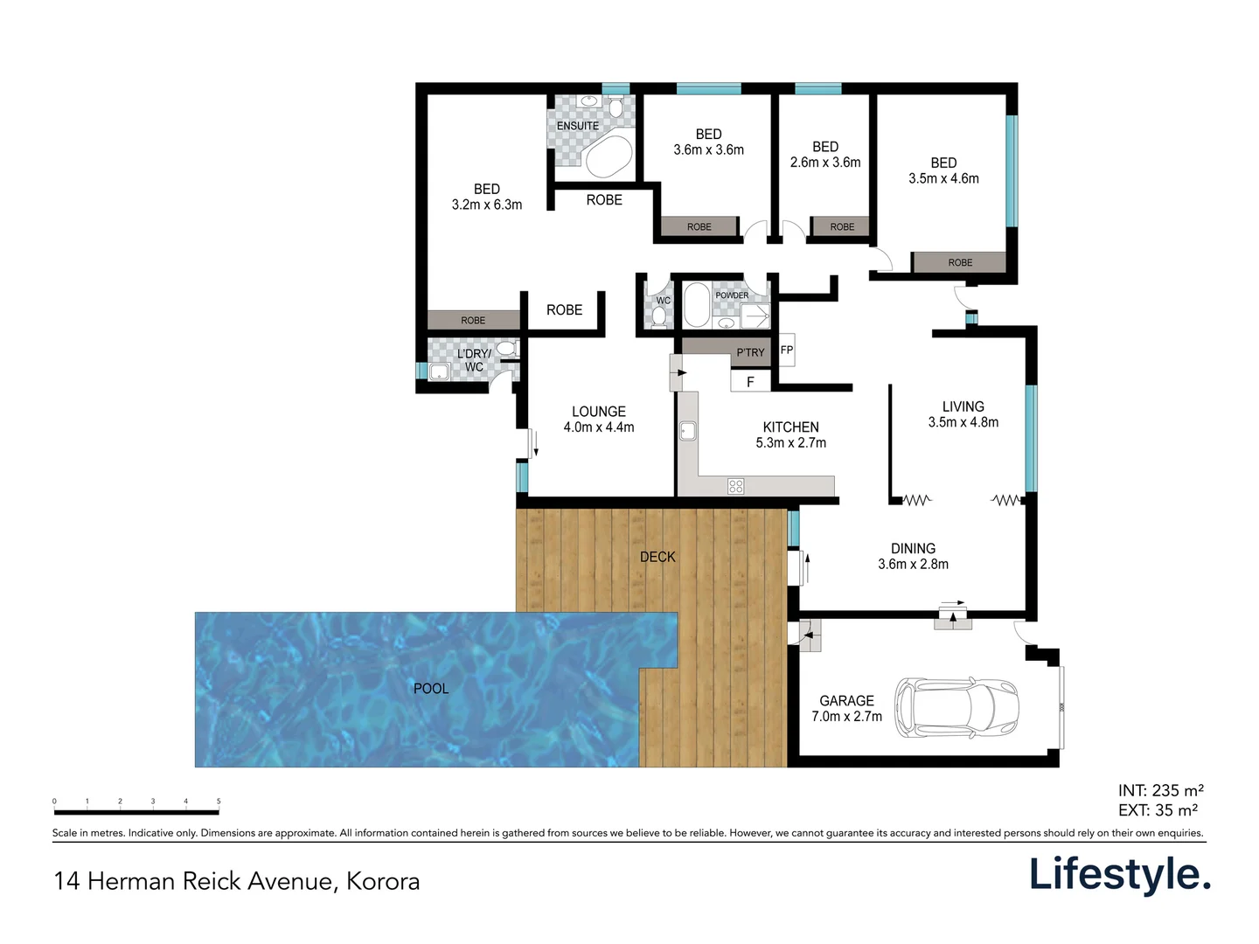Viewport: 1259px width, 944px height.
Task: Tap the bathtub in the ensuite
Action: (608, 156)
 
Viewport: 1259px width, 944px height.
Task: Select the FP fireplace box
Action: (786, 351)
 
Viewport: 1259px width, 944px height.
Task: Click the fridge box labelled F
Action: (750, 382)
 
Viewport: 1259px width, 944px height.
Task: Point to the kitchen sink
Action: (688, 431)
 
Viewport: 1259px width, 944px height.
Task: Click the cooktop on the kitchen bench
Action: (736, 486)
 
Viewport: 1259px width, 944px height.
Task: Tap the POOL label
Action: (430, 689)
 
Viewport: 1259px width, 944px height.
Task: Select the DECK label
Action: (657, 557)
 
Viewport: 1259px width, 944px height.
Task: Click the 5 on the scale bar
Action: (219, 801)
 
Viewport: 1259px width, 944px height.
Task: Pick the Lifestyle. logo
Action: (1119, 875)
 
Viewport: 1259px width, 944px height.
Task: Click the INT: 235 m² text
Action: (1160, 791)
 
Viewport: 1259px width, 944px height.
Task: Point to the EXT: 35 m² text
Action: (1158, 810)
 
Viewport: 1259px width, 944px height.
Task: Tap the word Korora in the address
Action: (383, 881)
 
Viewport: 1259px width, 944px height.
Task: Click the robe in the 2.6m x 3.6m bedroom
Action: (841, 226)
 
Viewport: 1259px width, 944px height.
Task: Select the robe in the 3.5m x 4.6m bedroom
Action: (959, 262)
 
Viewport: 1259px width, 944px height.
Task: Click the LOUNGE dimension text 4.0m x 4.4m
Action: (599, 427)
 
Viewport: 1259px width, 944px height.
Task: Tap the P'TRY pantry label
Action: (750, 352)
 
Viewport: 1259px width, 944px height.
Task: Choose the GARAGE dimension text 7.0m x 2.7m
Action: (846, 717)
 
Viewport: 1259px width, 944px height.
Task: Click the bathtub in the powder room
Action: (697, 305)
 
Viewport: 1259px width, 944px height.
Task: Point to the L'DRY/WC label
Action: (474, 360)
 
